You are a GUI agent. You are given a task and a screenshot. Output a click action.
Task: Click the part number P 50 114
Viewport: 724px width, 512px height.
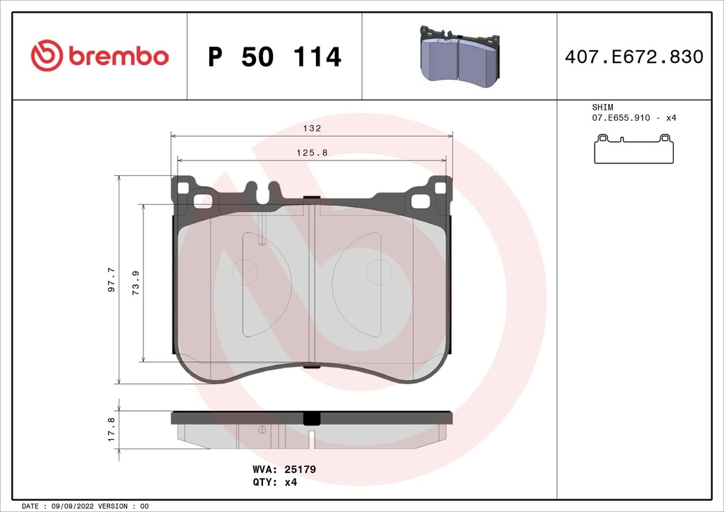[x=274, y=57]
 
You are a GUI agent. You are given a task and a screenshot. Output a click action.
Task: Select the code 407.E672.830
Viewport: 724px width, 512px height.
[x=633, y=57]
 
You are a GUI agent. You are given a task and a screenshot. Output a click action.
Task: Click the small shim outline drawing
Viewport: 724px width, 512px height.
[x=633, y=148]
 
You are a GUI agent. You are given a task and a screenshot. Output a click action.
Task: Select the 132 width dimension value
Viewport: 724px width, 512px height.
[x=312, y=129]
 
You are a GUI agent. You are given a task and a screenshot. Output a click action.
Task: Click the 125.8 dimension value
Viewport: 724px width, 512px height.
[x=312, y=153]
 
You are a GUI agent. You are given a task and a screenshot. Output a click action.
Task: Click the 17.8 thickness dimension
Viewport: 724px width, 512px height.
[x=111, y=429]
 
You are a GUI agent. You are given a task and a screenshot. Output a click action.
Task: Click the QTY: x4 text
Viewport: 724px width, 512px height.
[x=275, y=482]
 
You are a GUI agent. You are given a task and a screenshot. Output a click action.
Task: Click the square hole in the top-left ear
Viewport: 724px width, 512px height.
[x=183, y=188]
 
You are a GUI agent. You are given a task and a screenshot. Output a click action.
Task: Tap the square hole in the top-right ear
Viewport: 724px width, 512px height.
[x=440, y=187]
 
